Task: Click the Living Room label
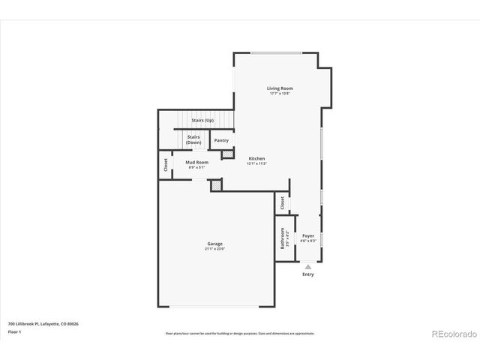pyautogui.click(x=279, y=88)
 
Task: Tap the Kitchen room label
pyautogui.click(x=257, y=158)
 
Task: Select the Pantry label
pyautogui.click(x=221, y=140)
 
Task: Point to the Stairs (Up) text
pyautogui.click(x=203, y=120)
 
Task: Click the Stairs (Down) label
pyautogui.click(x=193, y=139)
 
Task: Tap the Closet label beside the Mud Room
pyautogui.click(x=165, y=165)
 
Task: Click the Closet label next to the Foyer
pyautogui.click(x=282, y=202)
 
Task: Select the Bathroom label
pyautogui.click(x=283, y=238)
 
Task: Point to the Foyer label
pyautogui.click(x=308, y=235)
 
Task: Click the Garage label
pyautogui.click(x=215, y=244)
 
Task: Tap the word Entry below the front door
pyautogui.click(x=308, y=274)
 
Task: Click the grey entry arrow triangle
pyautogui.click(x=307, y=265)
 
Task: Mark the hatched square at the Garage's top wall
pyautogui.click(x=216, y=184)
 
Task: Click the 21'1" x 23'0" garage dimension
pyautogui.click(x=215, y=249)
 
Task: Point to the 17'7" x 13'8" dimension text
pyautogui.click(x=279, y=94)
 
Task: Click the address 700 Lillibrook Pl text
pyautogui.click(x=43, y=324)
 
